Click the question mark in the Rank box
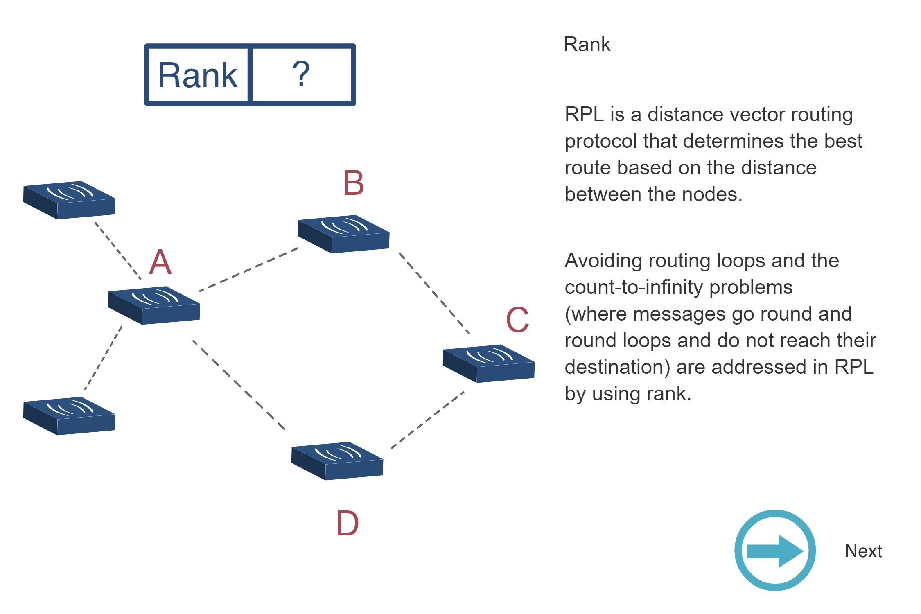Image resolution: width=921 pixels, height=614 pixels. coord(301,74)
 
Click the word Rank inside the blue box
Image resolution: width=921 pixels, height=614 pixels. coord(198,75)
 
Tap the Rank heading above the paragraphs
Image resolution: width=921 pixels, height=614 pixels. coord(587,44)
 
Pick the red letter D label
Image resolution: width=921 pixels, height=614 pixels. coord(347,524)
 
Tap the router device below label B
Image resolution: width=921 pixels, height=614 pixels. coord(343,234)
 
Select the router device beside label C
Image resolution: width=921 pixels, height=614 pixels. coord(489,363)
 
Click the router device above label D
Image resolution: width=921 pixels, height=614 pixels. coord(337,461)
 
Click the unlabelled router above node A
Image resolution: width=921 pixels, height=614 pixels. coord(69,200)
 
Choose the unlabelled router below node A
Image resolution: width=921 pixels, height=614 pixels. coord(69,416)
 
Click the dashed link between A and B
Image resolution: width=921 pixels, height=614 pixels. coord(248,269)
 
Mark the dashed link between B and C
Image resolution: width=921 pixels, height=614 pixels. coord(434,293)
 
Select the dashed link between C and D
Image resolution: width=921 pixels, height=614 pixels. coord(427,420)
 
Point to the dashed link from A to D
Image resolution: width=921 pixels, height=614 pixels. coord(239,385)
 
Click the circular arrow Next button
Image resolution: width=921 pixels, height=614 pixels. coord(774,550)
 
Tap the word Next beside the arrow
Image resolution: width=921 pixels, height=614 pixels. coord(863,551)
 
